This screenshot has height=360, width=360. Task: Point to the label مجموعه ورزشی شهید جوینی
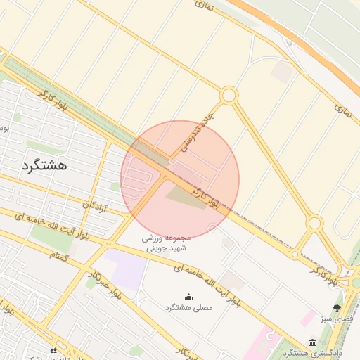click(167, 243)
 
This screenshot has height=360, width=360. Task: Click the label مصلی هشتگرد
click(188, 308)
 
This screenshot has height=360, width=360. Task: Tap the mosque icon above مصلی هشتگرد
click(188, 297)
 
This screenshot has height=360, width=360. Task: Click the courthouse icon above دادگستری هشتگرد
click(312, 342)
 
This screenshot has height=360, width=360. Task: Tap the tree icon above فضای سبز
click(337, 308)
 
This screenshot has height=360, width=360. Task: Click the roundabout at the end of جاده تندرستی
click(229, 95)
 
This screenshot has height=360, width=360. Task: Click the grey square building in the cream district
click(282, 72)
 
